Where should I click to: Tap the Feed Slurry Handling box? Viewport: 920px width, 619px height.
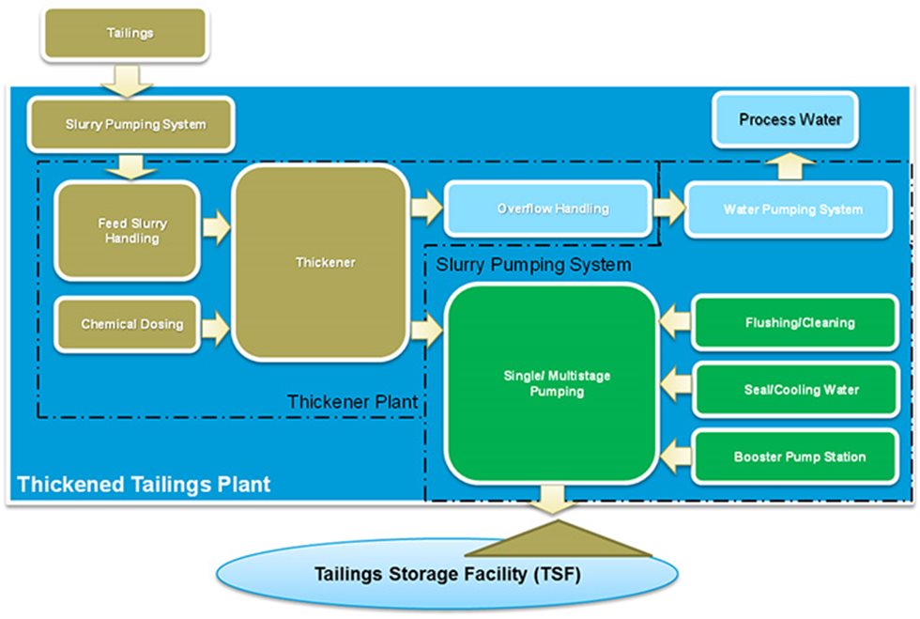(x=127, y=231)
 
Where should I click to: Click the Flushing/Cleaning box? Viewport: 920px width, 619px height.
(x=799, y=322)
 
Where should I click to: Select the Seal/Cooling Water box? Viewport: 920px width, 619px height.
(x=799, y=389)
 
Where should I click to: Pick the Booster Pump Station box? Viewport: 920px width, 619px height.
(x=799, y=457)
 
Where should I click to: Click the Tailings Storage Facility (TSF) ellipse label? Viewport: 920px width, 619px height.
(x=446, y=572)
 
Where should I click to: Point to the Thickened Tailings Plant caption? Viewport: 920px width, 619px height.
(x=144, y=485)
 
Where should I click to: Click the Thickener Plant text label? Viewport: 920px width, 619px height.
(x=352, y=403)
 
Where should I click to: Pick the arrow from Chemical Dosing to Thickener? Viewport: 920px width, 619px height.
(x=215, y=325)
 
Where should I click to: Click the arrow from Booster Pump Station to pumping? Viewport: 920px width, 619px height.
(x=674, y=457)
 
